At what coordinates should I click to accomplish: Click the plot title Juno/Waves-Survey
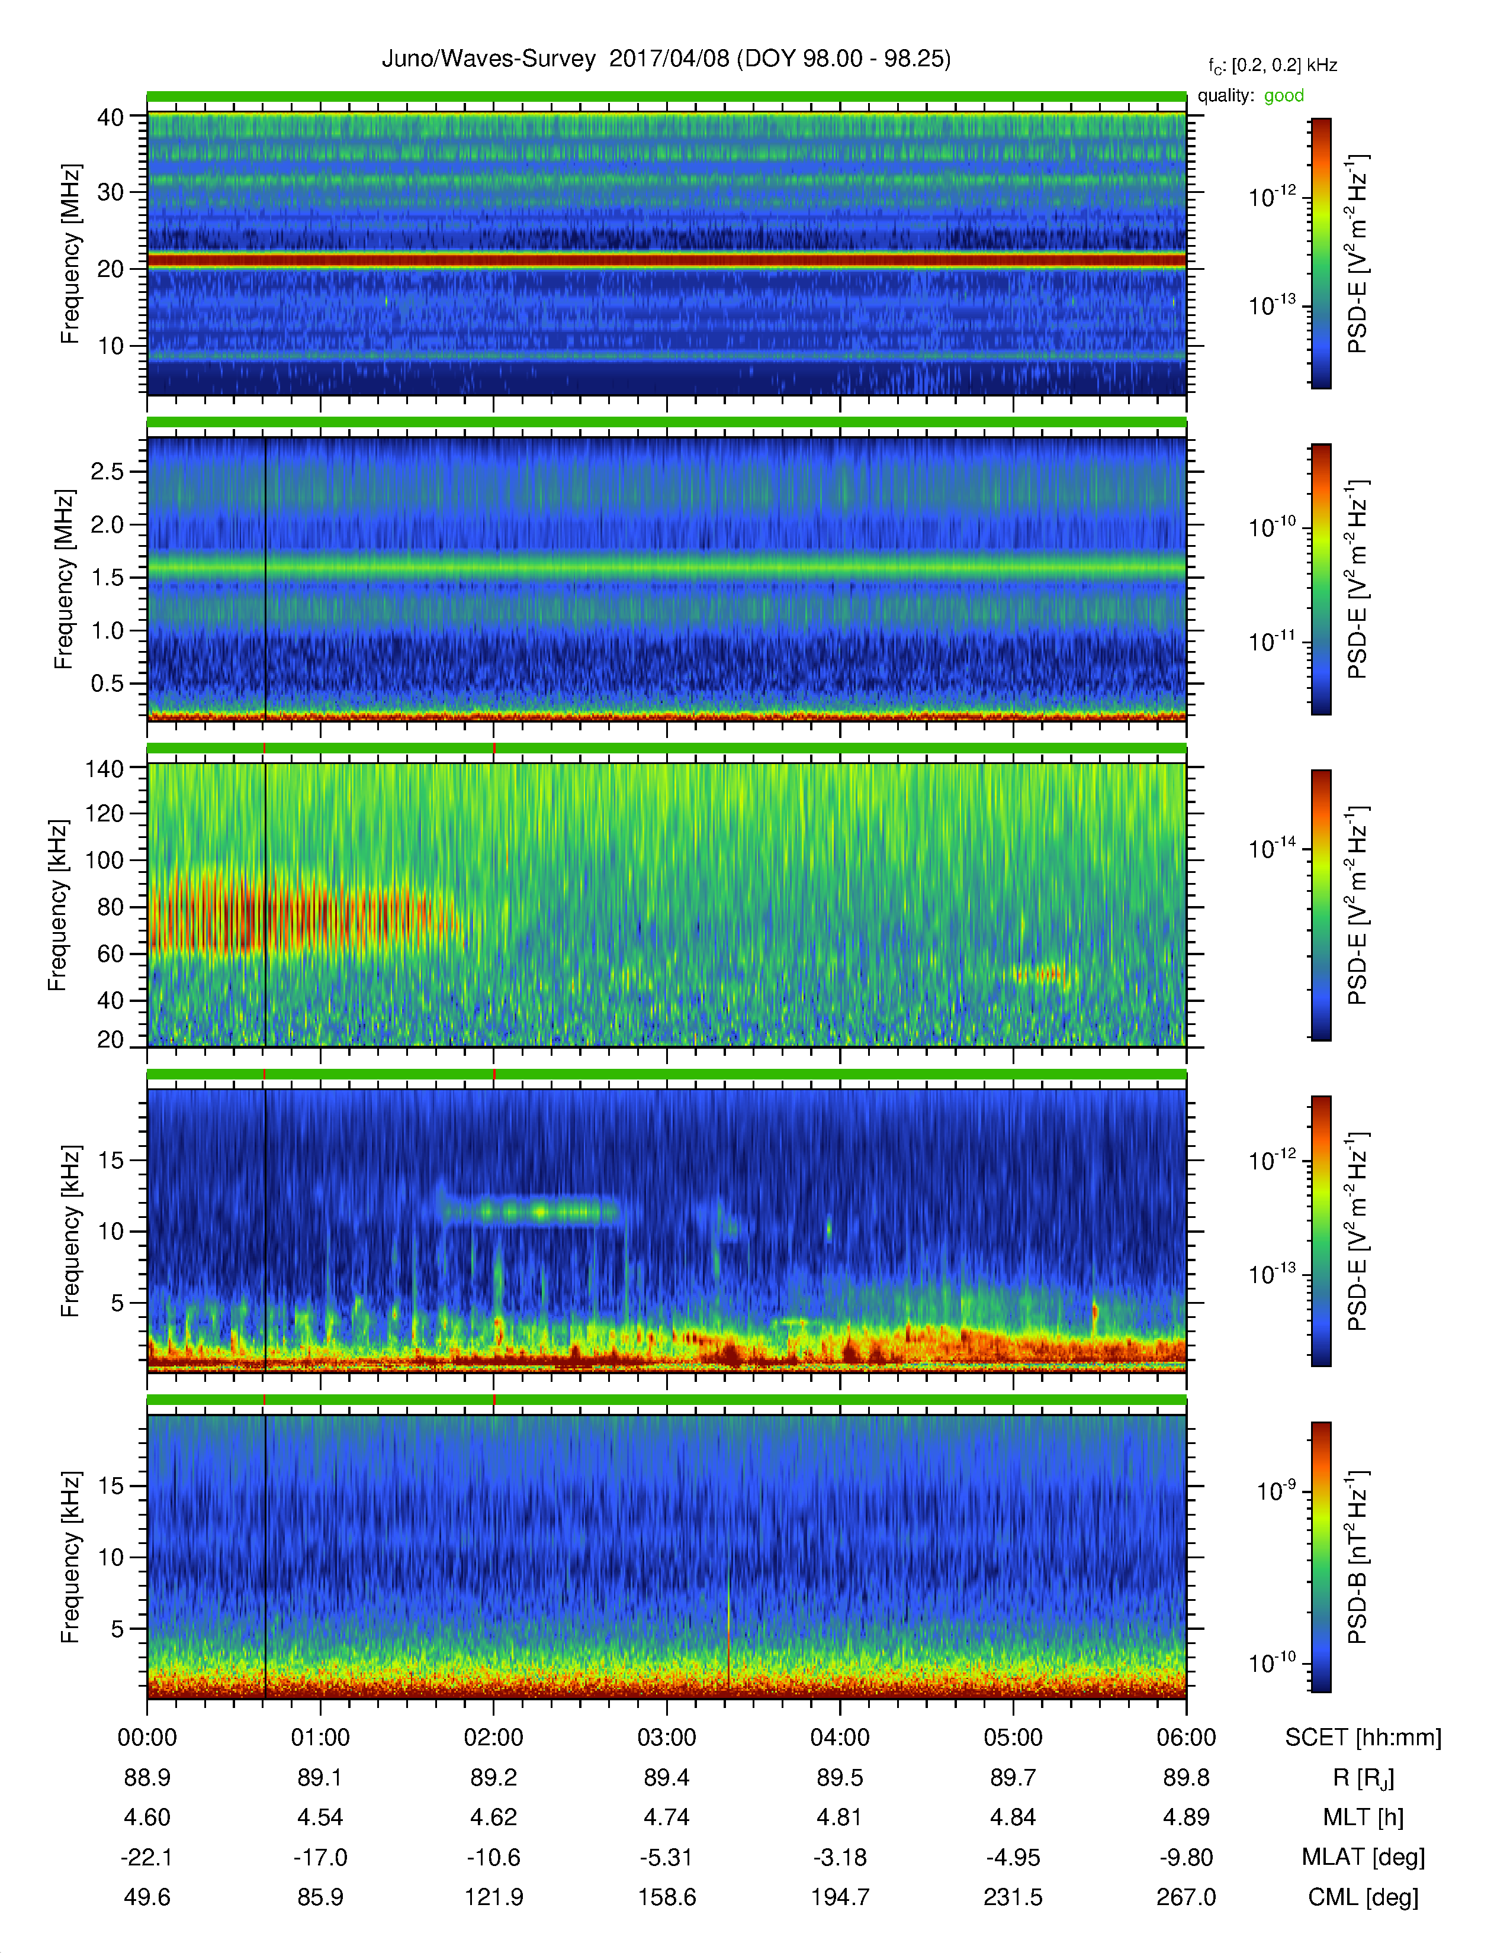pos(489,59)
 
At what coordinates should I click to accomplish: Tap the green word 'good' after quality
pos(1284,96)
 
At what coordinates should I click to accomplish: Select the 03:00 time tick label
pos(666,1738)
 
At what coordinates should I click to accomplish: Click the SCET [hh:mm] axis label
pos(1363,1738)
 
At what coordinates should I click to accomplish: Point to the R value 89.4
pos(666,1778)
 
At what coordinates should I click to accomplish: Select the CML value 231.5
pos(1013,1897)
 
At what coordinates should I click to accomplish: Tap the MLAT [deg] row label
pos(1363,1857)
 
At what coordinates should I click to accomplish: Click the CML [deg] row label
pos(1363,1897)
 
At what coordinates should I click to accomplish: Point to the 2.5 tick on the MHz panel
pos(107,471)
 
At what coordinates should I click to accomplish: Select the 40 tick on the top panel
pos(111,117)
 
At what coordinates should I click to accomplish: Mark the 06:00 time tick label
pos(1186,1738)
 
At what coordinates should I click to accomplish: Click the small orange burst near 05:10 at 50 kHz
pos(1041,974)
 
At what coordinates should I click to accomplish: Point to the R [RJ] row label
pos(1363,1778)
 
